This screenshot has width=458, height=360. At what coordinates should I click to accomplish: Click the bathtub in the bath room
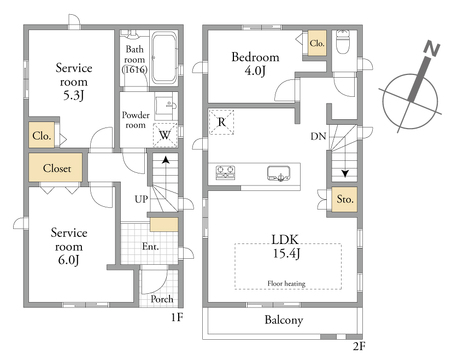pyautogui.click(x=164, y=58)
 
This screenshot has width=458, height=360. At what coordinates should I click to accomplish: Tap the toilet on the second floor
pyautogui.click(x=342, y=42)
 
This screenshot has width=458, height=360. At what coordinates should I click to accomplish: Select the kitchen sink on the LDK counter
pyautogui.click(x=279, y=173)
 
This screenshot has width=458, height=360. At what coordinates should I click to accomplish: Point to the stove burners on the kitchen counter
pyautogui.click(x=225, y=172)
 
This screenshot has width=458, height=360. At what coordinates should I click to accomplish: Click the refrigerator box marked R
pyautogui.click(x=221, y=122)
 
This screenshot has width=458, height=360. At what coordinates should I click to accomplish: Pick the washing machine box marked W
pyautogui.click(x=165, y=135)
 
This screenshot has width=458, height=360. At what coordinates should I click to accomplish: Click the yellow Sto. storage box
pyautogui.click(x=344, y=199)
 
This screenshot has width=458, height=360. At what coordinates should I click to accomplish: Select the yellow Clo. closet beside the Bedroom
pyautogui.click(x=317, y=43)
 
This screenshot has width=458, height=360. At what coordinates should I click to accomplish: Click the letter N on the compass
pyautogui.click(x=432, y=49)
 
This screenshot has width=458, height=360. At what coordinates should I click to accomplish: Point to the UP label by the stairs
pyautogui.click(x=141, y=199)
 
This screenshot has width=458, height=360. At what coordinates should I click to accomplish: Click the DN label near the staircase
pyautogui.click(x=318, y=136)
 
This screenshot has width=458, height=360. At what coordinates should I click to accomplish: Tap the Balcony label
pyautogui.click(x=284, y=320)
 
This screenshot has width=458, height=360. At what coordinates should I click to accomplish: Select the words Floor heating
pyautogui.click(x=286, y=283)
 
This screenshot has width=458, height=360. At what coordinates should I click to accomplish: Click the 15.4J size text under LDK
pyautogui.click(x=286, y=254)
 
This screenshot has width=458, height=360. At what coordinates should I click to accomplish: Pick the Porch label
pyautogui.click(x=162, y=299)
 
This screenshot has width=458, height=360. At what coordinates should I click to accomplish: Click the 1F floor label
pyautogui.click(x=177, y=317)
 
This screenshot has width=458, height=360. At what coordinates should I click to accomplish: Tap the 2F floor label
pyautogui.click(x=359, y=347)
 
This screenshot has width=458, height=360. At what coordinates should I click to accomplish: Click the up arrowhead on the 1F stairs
pyautogui.click(x=165, y=160)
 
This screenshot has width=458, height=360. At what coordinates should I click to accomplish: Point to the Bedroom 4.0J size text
pyautogui.click(x=255, y=71)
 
